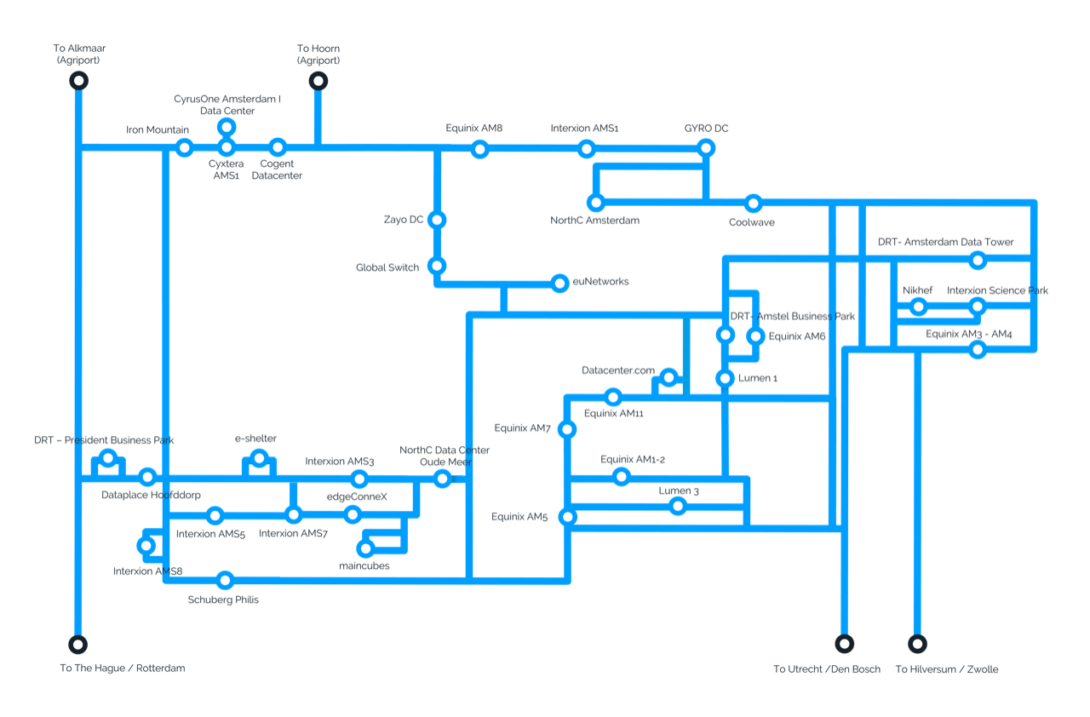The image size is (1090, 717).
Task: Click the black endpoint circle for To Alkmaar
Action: coord(79,80)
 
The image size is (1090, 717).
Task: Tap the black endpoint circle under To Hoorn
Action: coord(318,81)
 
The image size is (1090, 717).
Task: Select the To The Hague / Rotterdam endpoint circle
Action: coord(77,645)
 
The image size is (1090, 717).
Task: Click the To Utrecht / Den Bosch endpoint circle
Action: coord(844,644)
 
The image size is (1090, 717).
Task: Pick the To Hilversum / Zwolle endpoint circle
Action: coord(917,644)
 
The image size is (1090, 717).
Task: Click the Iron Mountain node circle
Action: coord(185,147)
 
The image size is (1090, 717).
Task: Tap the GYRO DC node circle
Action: coord(706,148)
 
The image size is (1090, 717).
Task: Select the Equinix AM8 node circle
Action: coord(479,149)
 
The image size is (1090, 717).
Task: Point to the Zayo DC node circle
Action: coord(437,220)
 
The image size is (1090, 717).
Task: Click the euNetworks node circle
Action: coord(559,283)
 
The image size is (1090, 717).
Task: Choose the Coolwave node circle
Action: coord(754,204)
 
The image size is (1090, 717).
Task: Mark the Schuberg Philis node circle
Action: coord(225,580)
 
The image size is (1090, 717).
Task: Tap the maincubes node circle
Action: coord(365,548)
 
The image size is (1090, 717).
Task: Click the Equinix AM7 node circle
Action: coord(567,429)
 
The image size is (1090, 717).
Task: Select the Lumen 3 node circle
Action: coord(678,507)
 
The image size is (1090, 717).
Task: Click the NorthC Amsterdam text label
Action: coord(594,221)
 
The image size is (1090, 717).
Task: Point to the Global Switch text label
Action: coord(387,267)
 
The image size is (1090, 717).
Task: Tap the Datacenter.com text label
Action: coord(618,370)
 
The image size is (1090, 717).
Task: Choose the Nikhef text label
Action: coord(917,290)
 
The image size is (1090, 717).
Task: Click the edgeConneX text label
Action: coord(357,496)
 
